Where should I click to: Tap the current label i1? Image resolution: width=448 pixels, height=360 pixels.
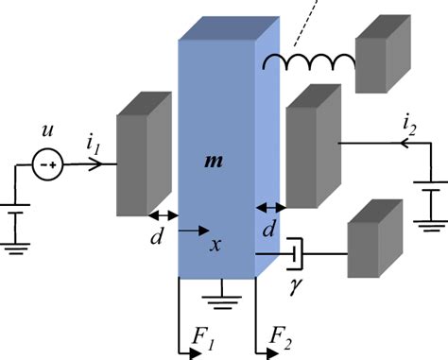pyautogui.click(x=93, y=145)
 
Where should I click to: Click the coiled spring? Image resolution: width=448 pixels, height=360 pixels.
pyautogui.click(x=309, y=62)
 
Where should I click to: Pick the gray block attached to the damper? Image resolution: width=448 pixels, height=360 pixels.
pyautogui.click(x=373, y=248)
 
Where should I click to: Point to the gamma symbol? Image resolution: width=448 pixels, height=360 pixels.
pyautogui.click(x=294, y=284)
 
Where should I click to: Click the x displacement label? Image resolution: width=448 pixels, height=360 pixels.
pyautogui.click(x=216, y=245)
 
